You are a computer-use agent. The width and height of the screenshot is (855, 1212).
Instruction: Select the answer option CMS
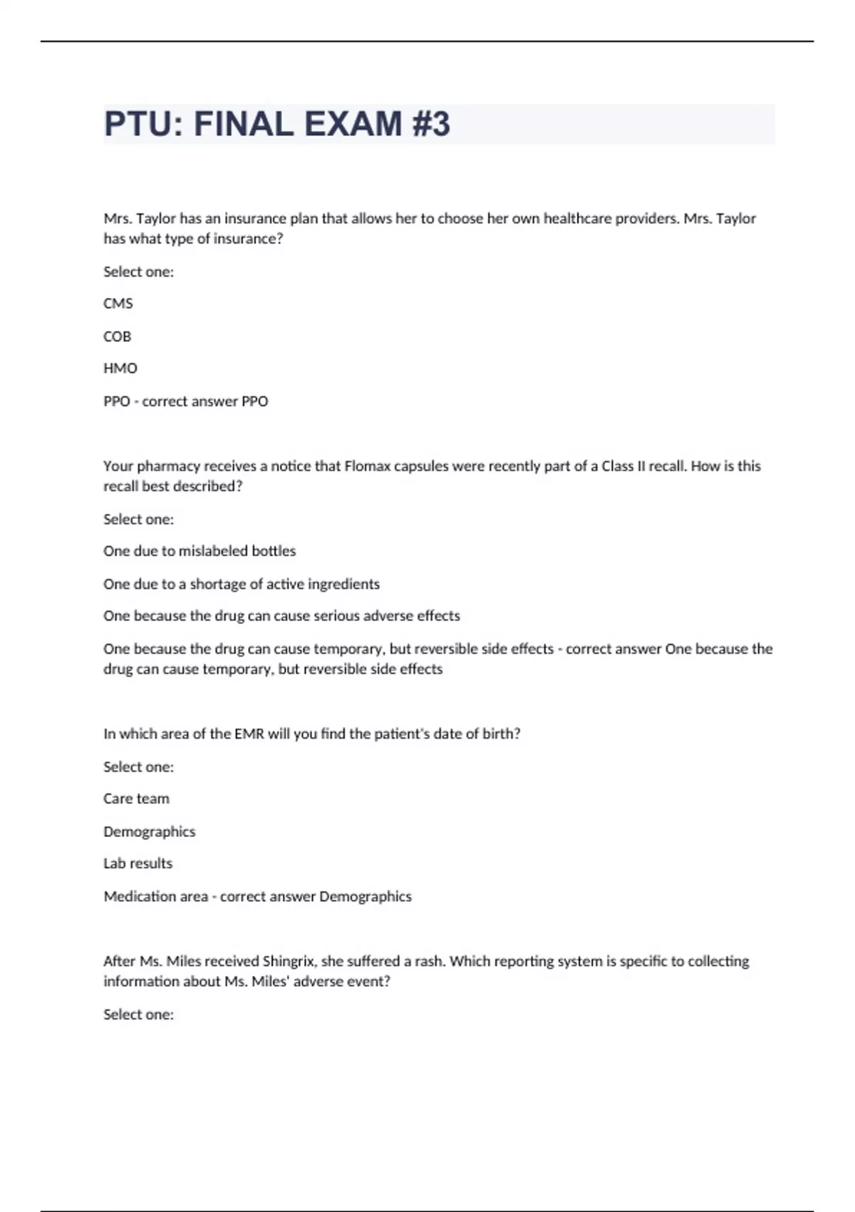click(118, 304)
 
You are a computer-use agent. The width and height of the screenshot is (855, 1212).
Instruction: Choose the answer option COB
click(118, 337)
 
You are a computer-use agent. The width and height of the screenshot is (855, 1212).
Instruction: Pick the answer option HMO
click(120, 369)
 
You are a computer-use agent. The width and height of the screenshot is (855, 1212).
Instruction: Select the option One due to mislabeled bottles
click(199, 551)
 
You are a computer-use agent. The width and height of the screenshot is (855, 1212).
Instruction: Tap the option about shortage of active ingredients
click(242, 584)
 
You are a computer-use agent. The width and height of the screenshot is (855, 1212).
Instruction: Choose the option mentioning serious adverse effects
click(281, 616)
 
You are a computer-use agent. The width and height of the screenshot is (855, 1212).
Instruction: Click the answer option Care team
click(137, 798)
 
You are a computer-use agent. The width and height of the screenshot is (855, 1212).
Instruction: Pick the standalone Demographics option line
click(150, 831)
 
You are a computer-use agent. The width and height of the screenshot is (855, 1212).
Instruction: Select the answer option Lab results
click(138, 863)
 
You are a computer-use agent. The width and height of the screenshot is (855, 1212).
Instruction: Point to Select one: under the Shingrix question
click(139, 1015)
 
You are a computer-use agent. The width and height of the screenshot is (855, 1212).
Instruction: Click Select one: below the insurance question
click(139, 272)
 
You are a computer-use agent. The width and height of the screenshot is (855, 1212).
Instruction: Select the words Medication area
click(156, 896)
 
